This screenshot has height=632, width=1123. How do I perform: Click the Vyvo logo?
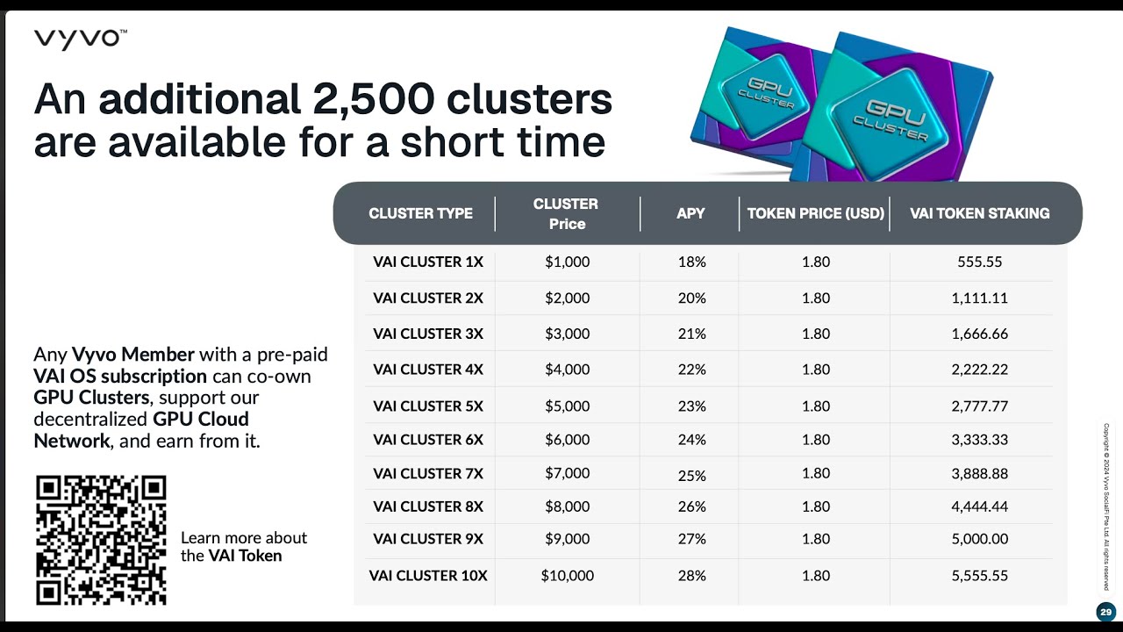pos(80,39)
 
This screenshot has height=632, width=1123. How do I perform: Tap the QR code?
pos(101,540)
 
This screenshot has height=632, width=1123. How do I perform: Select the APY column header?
pos(690,213)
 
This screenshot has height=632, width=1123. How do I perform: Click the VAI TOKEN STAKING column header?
pos(979,213)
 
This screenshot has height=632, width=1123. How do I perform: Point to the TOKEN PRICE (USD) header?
pos(815,213)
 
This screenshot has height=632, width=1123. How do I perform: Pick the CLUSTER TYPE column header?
pos(420,213)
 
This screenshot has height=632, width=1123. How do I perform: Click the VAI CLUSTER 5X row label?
pos(427,406)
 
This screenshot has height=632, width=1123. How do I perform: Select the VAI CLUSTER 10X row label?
pos(427,576)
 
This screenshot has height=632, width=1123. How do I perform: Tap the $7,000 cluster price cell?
pos(567,473)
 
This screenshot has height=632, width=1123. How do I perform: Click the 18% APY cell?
pos(691,262)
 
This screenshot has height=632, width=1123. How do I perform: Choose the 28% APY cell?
pos(691,576)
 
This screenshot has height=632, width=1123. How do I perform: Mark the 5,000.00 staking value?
pos(979,539)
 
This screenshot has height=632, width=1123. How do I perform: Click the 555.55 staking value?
pos(979,262)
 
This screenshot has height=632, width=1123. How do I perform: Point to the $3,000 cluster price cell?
pos(567,334)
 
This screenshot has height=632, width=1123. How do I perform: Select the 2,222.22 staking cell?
pos(979,370)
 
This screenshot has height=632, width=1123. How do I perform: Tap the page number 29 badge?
pos(1105,612)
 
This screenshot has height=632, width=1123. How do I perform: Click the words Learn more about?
pos(244,538)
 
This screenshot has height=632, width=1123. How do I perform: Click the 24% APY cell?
pos(691,440)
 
